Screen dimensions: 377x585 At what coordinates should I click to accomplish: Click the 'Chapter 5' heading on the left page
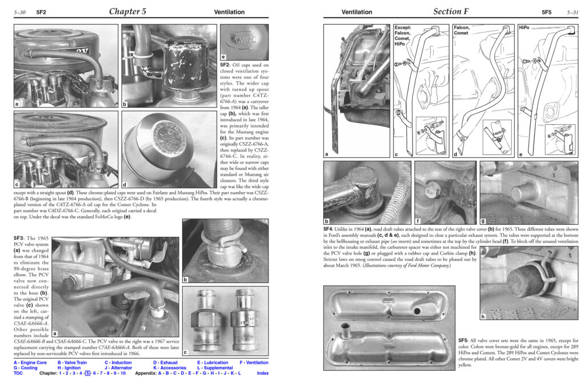tap(127, 11)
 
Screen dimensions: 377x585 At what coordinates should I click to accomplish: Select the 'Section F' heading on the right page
tap(454, 11)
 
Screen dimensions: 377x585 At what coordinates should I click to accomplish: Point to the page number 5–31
tap(574, 12)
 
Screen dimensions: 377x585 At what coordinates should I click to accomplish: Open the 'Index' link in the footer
tap(263, 373)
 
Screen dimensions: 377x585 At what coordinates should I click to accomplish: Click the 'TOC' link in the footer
tap(18, 373)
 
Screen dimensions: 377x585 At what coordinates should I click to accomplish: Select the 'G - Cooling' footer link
tap(26, 368)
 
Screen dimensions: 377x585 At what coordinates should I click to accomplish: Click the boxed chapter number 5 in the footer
tap(87, 373)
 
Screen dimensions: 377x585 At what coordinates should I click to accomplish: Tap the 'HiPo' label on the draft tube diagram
tap(524, 27)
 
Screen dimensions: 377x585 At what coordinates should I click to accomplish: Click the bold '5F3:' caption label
tap(22, 237)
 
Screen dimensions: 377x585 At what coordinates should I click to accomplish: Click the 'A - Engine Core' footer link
tap(30, 363)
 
